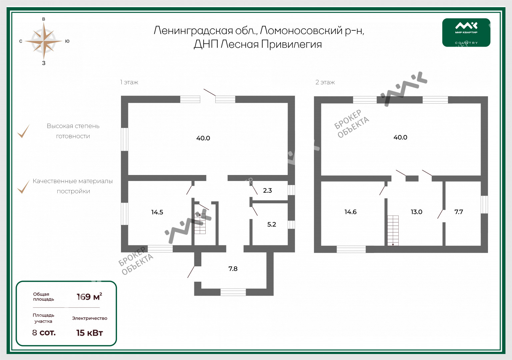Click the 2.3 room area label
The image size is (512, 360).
[267, 190]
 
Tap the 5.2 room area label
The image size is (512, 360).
[272, 224]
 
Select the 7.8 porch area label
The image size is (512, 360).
[233, 269]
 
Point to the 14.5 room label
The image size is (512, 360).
[157, 212]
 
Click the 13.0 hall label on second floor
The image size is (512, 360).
[416, 212]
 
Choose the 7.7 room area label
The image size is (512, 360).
[459, 212]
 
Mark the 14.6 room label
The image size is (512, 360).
[350, 212]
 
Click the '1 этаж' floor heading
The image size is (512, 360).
[129, 82]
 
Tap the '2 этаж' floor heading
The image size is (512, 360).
[325, 82]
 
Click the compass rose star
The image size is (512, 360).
[44, 41]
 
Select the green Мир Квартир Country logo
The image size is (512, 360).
[466, 32]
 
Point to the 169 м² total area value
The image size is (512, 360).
[89, 296]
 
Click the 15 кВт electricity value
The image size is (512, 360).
[90, 333]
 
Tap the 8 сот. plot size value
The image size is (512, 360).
[44, 333]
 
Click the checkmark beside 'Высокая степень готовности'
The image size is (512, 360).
[24, 131]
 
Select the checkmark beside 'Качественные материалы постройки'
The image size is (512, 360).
[24, 187]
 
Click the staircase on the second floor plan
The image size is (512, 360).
[393, 230]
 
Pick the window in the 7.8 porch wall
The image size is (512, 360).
[233, 292]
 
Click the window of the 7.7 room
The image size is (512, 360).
[484, 205]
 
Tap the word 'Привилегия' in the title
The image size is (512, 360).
[291, 44]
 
